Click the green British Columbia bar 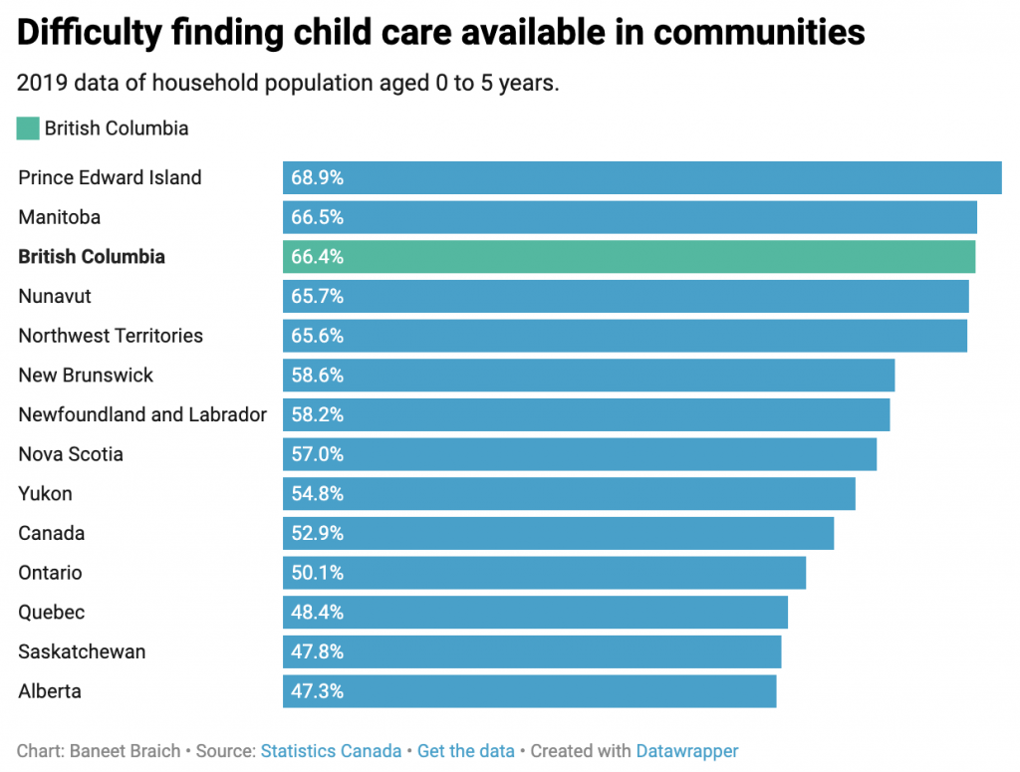[x=628, y=257]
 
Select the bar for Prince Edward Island [x=641, y=177]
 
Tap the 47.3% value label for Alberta [x=317, y=691]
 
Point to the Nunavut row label [x=55, y=296]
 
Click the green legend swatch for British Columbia [x=28, y=129]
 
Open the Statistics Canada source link [x=331, y=751]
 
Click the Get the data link [x=466, y=751]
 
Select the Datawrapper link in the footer [x=687, y=751]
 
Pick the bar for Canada [x=558, y=533]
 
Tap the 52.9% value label [x=317, y=533]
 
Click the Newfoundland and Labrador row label [x=142, y=414]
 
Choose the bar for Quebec [x=535, y=613]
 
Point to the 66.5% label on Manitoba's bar [x=317, y=217]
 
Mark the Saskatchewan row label [x=82, y=651]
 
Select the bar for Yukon [x=569, y=494]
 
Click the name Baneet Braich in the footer [x=125, y=751]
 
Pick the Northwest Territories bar [x=625, y=336]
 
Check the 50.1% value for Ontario [x=317, y=573]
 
